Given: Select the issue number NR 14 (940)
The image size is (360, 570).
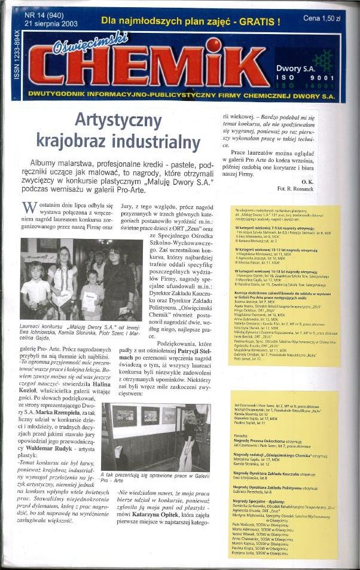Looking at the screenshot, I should click(x=45, y=16).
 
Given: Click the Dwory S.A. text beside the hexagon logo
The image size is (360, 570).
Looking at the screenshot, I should click(x=300, y=69).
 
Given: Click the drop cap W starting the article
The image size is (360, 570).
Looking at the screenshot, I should click(x=28, y=209).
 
